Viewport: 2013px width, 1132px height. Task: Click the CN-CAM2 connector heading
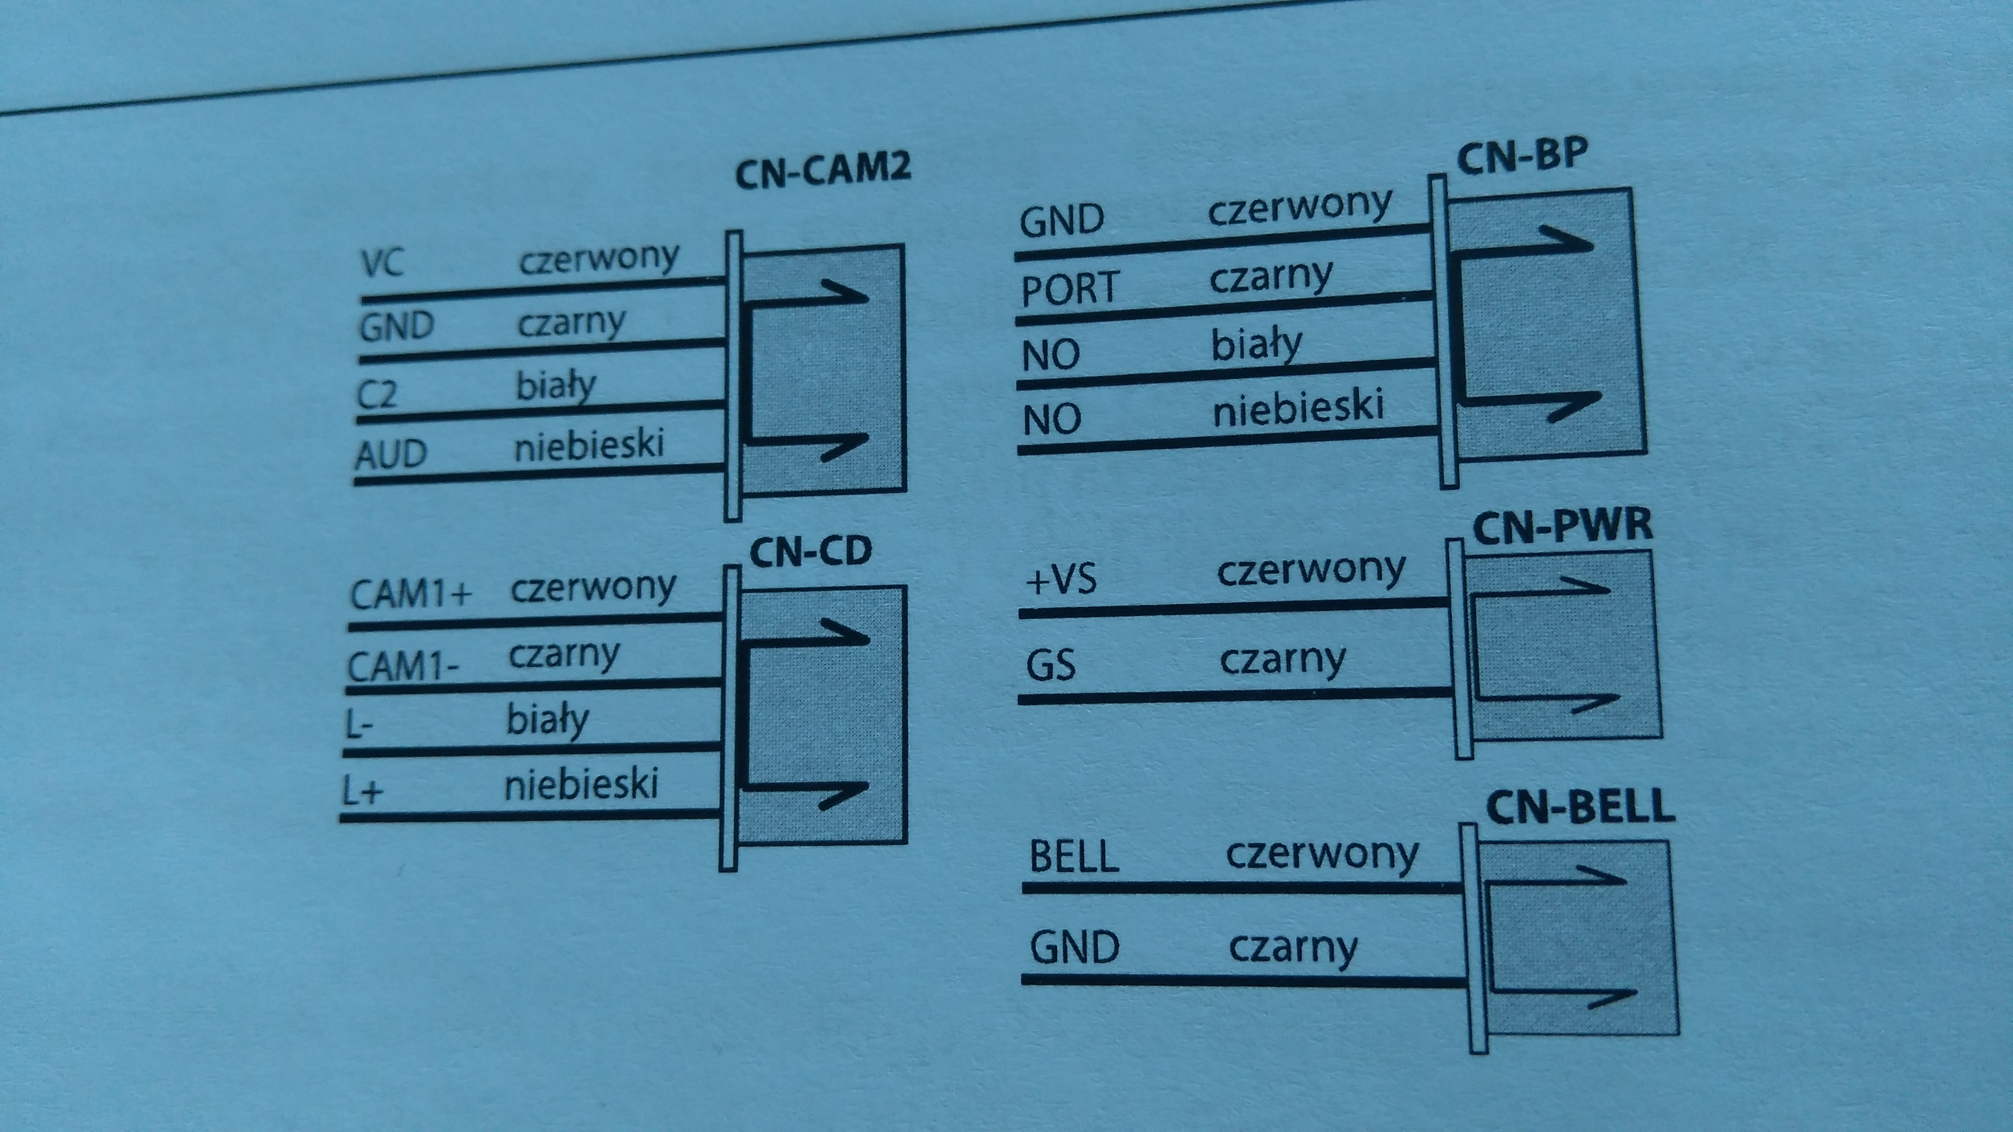click(x=823, y=171)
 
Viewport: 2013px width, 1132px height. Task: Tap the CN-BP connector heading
click(x=1522, y=157)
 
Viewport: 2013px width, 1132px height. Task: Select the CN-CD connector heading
click(x=811, y=552)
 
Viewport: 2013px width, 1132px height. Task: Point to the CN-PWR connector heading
click(x=1562, y=526)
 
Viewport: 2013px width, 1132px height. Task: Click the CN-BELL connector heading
click(x=1580, y=808)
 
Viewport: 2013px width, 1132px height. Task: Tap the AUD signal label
click(x=391, y=454)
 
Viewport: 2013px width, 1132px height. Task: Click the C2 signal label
click(x=376, y=394)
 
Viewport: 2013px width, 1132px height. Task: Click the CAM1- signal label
click(x=403, y=667)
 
